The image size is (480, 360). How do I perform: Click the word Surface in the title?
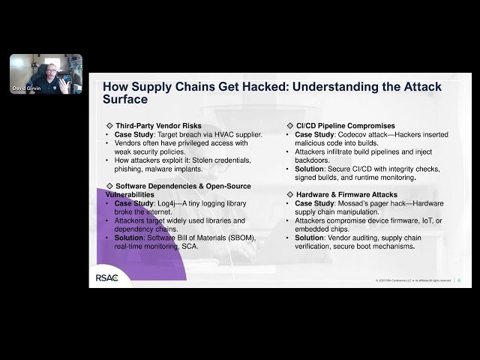pos(125,99)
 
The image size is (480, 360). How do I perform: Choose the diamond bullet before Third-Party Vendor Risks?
pos(110,125)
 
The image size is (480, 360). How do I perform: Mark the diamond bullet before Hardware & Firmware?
pos(290,194)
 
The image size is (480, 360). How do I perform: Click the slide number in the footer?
pos(458,281)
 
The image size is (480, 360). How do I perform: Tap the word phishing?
pos(127,168)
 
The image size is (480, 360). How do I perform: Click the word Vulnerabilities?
pos(128,193)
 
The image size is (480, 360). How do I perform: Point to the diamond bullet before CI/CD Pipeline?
pos(290,125)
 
